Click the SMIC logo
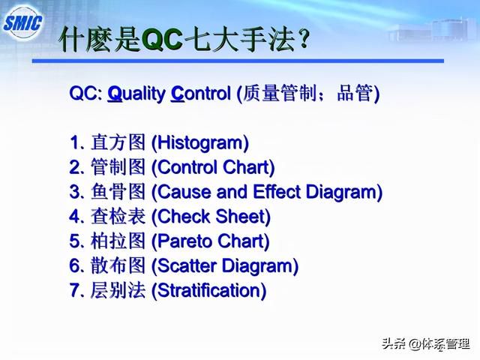coord(23,23)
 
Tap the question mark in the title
coord(304,39)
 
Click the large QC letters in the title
coord(162,40)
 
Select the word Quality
coord(136,94)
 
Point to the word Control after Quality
coord(200,93)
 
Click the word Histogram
coord(200,143)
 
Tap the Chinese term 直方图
coord(118,142)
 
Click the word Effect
coord(277,192)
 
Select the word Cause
coord(184,192)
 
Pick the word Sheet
coord(241,217)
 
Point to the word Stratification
coord(208,290)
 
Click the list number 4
coord(74,217)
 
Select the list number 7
coord(74,290)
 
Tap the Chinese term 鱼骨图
coord(118,192)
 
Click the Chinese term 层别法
coord(118,290)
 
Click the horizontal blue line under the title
coord(238,61)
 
